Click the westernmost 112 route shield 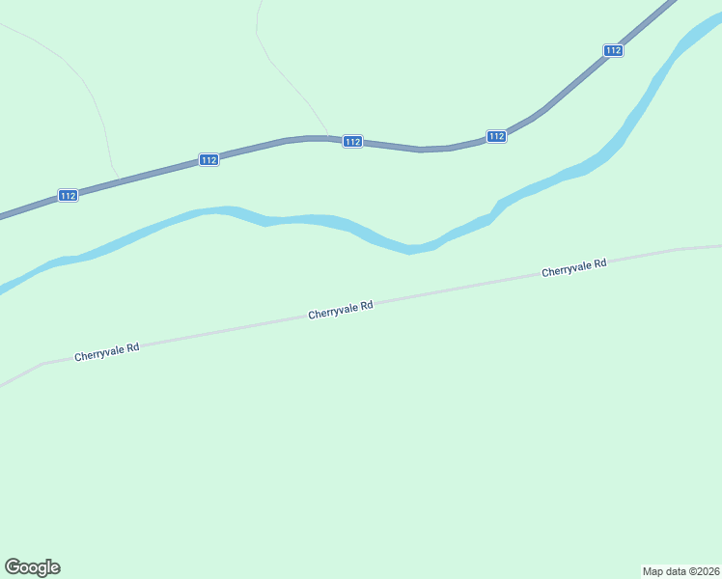point(67,196)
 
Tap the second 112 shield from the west point(208,160)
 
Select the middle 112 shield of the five point(352,142)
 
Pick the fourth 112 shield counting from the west point(496,136)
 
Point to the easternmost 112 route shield point(613,50)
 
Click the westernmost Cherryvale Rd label point(107,352)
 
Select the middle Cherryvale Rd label point(341,311)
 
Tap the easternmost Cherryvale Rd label point(573,267)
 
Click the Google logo point(33,567)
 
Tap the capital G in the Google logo point(13,567)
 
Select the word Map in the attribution point(653,571)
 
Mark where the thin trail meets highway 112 point(329,137)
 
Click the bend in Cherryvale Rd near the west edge point(42,364)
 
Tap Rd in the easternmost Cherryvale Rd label point(599,263)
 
